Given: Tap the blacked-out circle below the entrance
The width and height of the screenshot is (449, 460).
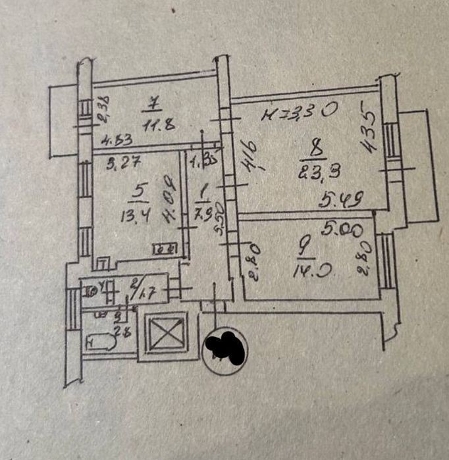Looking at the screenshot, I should click(x=226, y=348).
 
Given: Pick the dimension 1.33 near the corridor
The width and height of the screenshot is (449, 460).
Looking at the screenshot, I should click(x=200, y=160).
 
